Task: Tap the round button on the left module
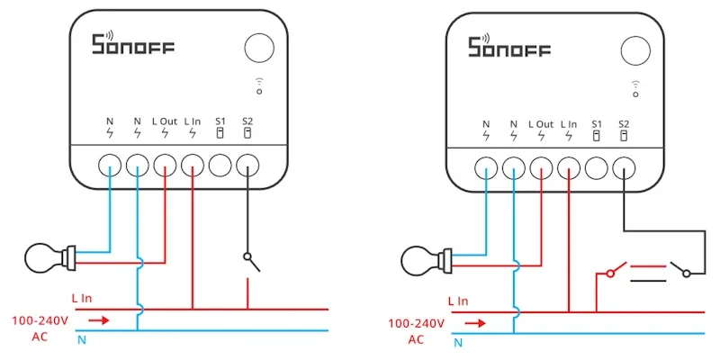click(x=259, y=48)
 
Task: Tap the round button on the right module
click(x=635, y=50)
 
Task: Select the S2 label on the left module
click(x=247, y=121)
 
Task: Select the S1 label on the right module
click(x=597, y=124)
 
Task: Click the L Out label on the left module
click(x=165, y=121)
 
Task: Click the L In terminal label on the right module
click(x=569, y=124)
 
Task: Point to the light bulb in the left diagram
click(x=49, y=257)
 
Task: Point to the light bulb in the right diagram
click(x=426, y=260)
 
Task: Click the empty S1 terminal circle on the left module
click(x=220, y=165)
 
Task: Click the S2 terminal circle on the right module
click(x=624, y=167)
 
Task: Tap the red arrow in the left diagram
click(x=100, y=320)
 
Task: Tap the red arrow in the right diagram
click(x=476, y=323)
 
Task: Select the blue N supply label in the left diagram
click(x=82, y=340)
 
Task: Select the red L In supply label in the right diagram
click(x=458, y=301)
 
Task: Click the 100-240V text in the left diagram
click(x=40, y=320)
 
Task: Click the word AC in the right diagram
click(x=416, y=339)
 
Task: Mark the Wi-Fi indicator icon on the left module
click(x=259, y=85)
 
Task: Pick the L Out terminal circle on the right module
click(x=542, y=167)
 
